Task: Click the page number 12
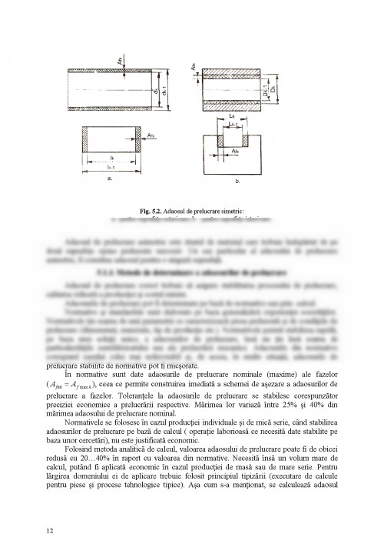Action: pos(49,508)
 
